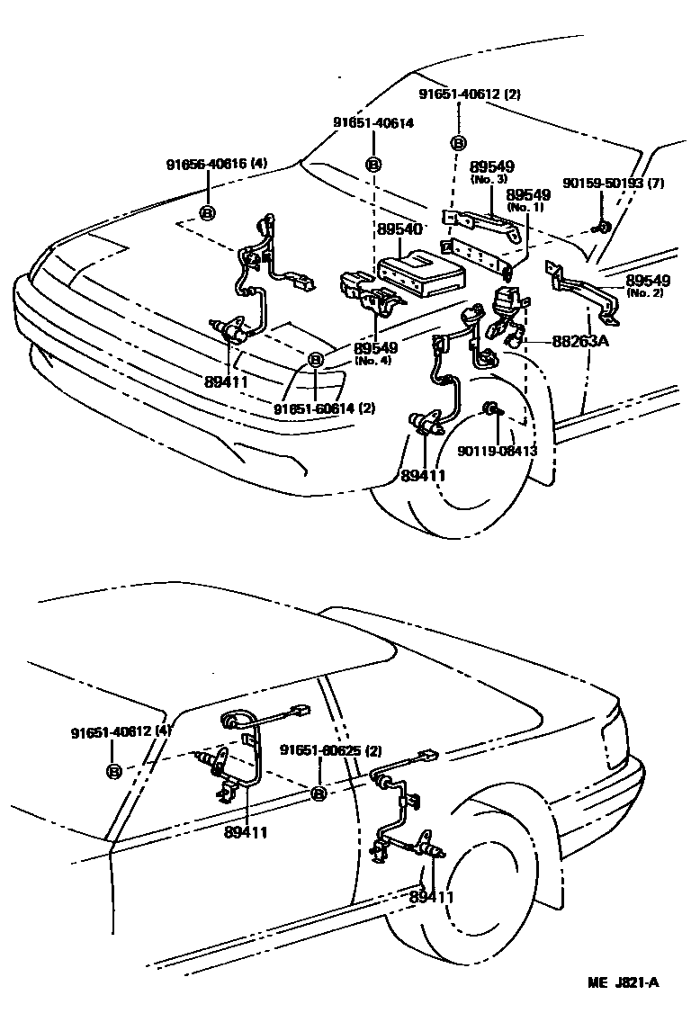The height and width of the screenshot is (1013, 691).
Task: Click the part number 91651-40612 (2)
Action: click(x=470, y=94)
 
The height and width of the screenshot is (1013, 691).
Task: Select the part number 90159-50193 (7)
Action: click(x=613, y=184)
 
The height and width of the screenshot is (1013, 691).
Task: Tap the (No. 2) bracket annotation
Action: click(x=643, y=293)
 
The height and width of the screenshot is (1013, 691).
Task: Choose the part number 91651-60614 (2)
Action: click(x=324, y=408)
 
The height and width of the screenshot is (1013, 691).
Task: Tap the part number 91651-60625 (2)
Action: click(x=330, y=750)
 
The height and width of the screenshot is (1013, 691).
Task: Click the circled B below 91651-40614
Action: click(x=373, y=164)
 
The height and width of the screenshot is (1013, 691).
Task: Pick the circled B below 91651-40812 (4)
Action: click(x=114, y=771)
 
